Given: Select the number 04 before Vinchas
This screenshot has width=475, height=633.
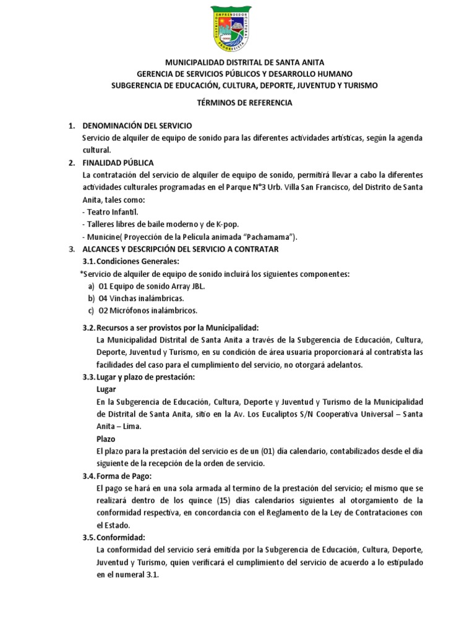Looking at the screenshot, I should point(103,297).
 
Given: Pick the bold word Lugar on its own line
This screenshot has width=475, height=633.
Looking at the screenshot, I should point(106,389).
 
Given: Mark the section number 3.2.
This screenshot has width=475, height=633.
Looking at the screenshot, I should point(88,327).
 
